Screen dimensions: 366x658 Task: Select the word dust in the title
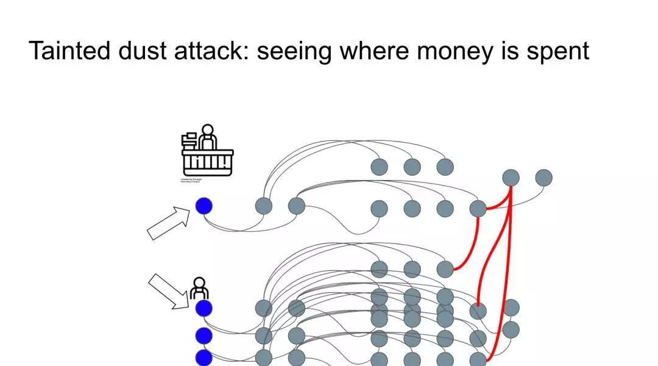point(149,51)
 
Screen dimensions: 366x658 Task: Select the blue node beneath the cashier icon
point(203,206)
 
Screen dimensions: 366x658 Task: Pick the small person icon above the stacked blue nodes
point(199,288)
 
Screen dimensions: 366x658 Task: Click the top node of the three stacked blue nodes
point(203,308)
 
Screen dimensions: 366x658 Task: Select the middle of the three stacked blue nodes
point(203,336)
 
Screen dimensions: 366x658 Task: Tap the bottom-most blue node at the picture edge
point(203,358)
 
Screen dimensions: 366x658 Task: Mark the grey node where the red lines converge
point(511,178)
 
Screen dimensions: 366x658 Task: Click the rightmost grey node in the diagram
point(543,178)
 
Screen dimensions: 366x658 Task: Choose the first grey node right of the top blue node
point(263,206)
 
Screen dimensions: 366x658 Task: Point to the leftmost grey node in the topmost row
point(379,167)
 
